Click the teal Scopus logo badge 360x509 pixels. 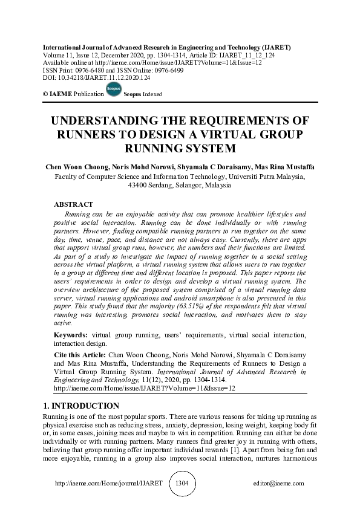[x=113, y=89]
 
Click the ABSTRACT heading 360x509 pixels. [x=73, y=204]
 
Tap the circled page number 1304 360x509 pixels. [x=182, y=484]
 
